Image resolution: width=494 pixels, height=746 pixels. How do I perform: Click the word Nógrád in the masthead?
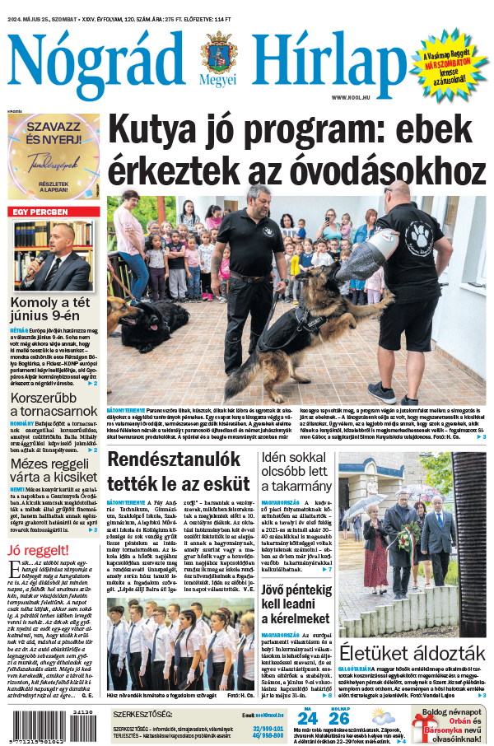95,59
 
